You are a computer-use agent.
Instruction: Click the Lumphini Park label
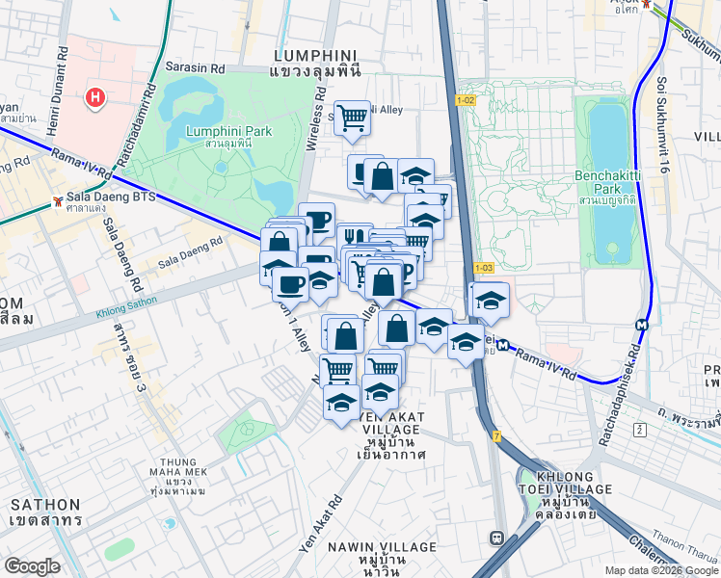click(x=228, y=132)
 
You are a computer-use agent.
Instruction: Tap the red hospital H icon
click(x=94, y=96)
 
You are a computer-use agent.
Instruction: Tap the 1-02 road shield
click(x=466, y=100)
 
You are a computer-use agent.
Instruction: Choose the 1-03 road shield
click(x=483, y=267)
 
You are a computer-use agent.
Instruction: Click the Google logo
click(x=32, y=566)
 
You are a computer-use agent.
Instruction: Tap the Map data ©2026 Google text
click(x=660, y=570)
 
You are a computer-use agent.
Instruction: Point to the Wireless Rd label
click(x=314, y=121)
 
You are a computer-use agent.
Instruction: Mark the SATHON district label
click(x=45, y=505)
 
